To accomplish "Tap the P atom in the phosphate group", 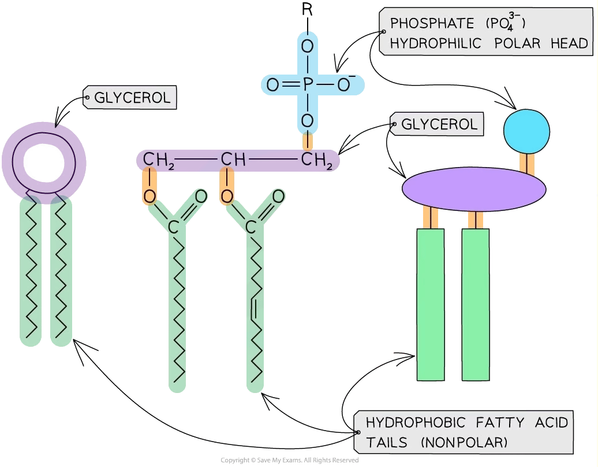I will tap(308, 86).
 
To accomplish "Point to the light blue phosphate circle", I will tap(524, 130).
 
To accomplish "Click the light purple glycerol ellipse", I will tap(473, 186).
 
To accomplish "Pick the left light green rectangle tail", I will tap(430, 305).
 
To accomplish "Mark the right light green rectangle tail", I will tap(475, 305).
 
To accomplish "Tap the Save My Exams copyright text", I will tap(290, 460).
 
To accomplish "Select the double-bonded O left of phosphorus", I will tap(272, 86).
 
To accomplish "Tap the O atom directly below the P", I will tap(308, 120).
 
